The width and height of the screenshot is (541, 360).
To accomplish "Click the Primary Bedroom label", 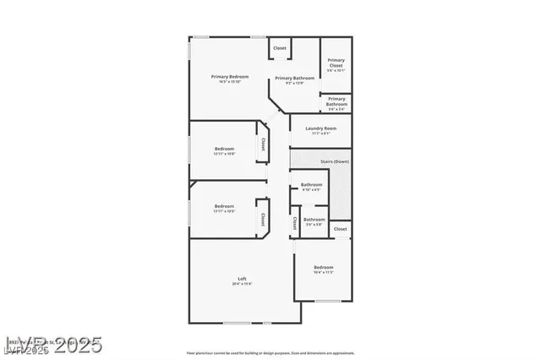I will (229, 77).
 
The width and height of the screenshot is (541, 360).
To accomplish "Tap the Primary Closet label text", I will (336, 62).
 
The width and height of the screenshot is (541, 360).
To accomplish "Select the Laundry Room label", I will (320, 128).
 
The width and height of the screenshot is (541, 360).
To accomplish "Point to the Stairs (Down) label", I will (335, 161).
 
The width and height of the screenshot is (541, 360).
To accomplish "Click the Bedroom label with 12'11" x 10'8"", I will (224, 149).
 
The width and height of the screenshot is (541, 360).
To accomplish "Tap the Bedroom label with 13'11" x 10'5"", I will (224, 206).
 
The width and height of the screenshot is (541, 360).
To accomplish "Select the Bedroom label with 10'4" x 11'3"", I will (323, 268).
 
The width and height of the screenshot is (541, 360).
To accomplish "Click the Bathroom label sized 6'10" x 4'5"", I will (311, 184).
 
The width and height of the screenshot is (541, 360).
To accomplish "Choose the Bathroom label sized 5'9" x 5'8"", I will (314, 220).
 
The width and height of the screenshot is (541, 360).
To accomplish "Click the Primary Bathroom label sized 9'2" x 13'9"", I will (294, 78).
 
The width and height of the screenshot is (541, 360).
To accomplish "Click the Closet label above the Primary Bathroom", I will (280, 48).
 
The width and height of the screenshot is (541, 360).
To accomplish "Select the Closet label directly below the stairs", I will (340, 229).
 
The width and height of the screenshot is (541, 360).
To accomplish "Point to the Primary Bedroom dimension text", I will (229, 82).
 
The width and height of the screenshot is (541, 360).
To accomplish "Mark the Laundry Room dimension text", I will (320, 134).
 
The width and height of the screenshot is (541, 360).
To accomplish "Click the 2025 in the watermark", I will (77, 345).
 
